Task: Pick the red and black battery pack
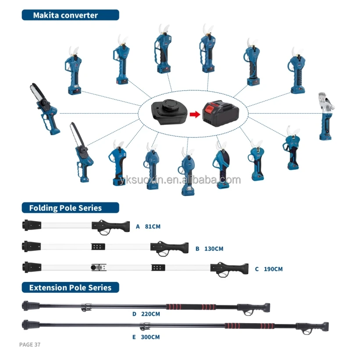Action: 219,113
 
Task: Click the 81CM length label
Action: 153,227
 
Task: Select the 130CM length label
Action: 214,249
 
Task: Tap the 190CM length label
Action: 273,269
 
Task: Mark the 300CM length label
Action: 150,337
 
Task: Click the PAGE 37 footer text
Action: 30,345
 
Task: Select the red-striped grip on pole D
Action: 191,306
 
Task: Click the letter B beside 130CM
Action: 197,249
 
